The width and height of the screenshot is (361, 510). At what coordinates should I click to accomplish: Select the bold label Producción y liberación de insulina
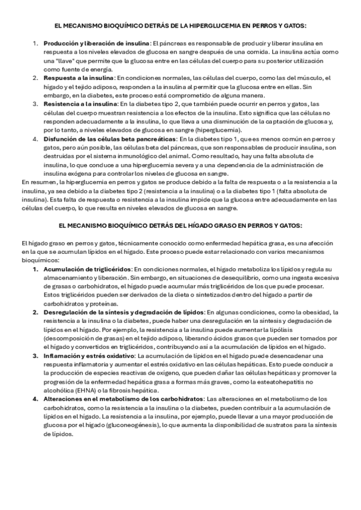click(x=96, y=44)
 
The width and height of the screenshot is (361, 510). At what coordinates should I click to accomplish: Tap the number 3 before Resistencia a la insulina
click(x=35, y=105)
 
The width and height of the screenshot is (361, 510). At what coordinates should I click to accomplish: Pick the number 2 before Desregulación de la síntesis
click(x=35, y=312)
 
